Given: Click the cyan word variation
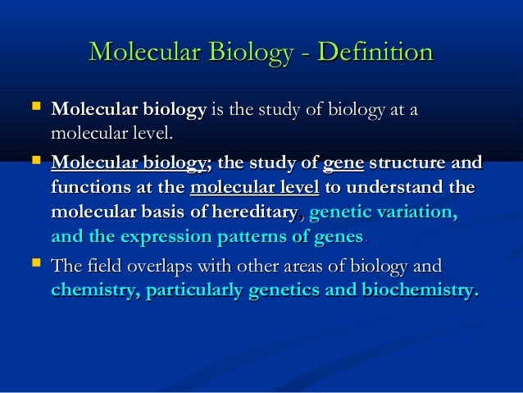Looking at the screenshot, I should [x=420, y=212].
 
